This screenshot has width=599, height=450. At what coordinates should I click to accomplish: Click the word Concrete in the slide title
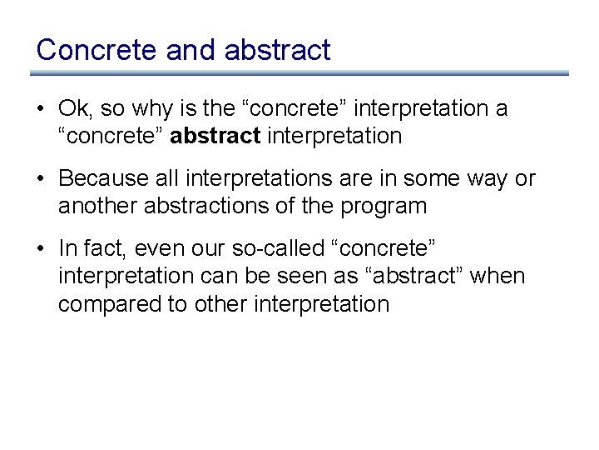[97, 50]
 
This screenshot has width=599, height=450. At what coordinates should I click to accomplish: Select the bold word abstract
[215, 136]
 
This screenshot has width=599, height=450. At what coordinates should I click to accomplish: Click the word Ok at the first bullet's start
[73, 108]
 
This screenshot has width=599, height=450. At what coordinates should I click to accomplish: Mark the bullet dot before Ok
[42, 109]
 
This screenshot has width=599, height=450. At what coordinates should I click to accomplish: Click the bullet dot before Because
[42, 179]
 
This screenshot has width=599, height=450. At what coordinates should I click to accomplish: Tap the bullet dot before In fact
[42, 249]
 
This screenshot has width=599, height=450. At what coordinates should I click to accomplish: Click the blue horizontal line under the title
[299, 73]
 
